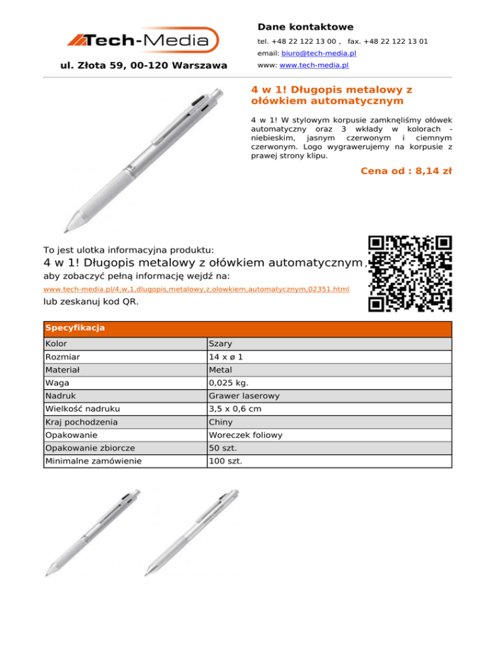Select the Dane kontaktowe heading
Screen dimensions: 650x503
pos(305,27)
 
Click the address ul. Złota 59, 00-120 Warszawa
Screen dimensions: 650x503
pos(143,65)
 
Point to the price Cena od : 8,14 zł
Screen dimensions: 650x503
pos(406,171)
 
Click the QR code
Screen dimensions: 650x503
pos(410,273)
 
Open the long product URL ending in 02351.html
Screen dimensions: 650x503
pos(196,289)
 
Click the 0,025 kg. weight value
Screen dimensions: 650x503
pos(229,383)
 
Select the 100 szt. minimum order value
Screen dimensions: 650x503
pos(225,462)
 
